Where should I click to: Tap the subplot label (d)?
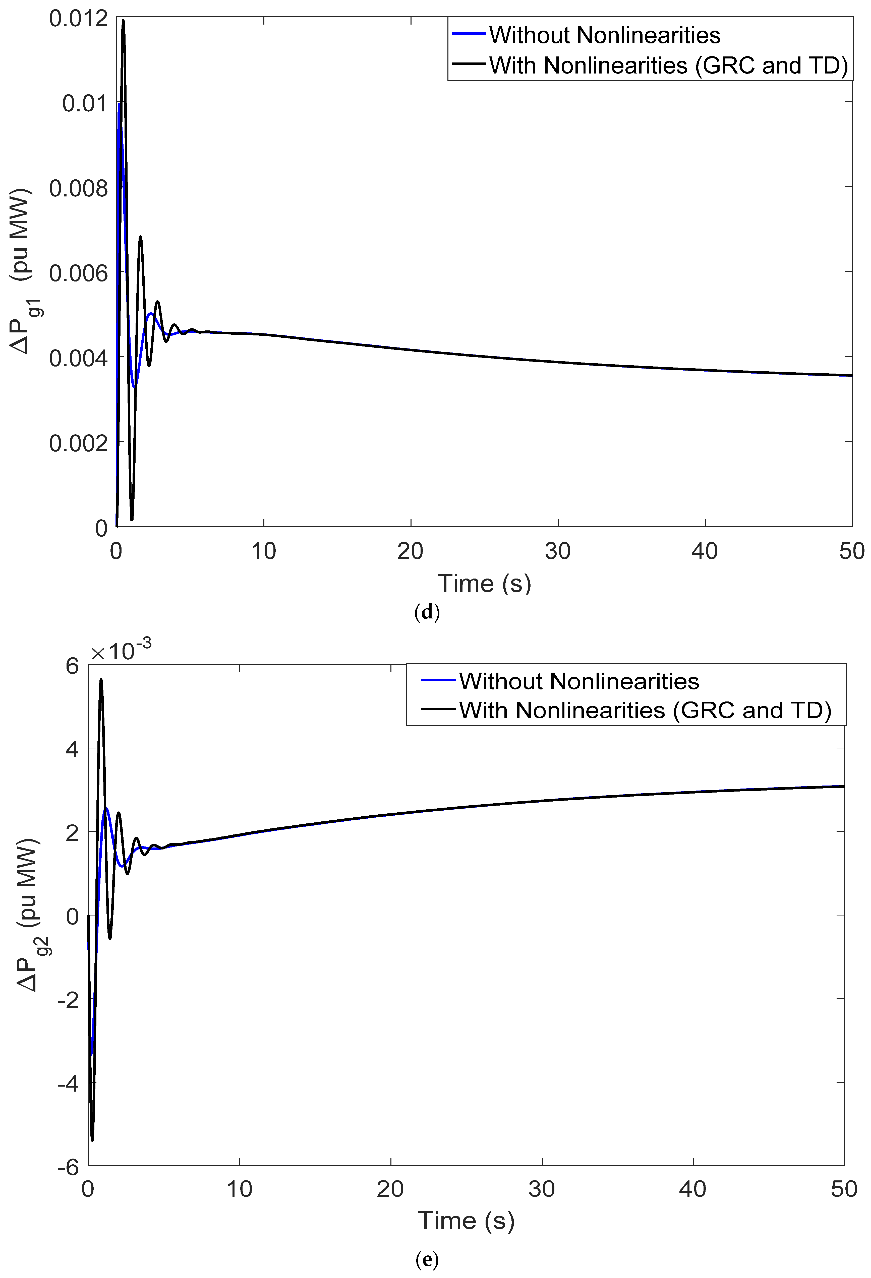[x=427, y=612]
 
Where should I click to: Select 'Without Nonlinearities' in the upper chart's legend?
[x=604, y=35]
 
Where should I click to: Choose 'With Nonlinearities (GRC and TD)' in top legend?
[x=668, y=65]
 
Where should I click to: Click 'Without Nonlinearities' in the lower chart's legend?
[x=579, y=681]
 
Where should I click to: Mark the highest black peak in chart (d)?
[x=123, y=20]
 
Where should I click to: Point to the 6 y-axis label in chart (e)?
[x=72, y=666]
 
